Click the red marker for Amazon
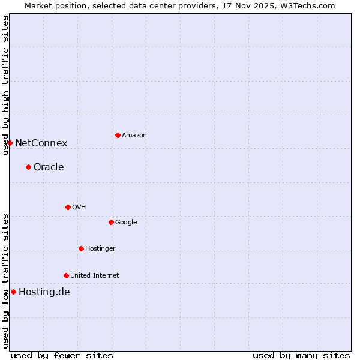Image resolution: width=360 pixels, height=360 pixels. point(118,135)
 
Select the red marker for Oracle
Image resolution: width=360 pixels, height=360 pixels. point(28,167)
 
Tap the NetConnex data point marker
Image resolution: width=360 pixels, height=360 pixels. point(10,143)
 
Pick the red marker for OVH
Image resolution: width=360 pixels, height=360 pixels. point(68,207)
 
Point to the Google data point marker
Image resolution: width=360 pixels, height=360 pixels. point(111,222)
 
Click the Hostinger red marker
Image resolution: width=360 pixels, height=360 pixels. point(81,248)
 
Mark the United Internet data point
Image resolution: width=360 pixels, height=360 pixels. point(66,275)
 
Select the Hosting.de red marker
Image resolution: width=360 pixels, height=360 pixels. point(13,292)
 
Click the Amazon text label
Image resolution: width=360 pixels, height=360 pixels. point(134,136)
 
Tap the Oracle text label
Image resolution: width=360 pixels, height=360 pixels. point(49,167)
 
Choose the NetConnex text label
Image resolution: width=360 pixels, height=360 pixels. point(41,143)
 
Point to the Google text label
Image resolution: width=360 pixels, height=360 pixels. point(126,222)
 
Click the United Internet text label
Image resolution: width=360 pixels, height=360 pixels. point(95,275)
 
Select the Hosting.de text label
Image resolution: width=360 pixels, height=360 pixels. point(44,292)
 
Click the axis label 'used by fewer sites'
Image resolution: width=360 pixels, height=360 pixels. point(62,355)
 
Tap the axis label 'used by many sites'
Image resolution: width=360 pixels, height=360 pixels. point(301,355)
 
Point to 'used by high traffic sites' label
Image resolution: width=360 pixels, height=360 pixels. point(5,85)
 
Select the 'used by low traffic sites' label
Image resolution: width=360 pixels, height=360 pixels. point(5,281)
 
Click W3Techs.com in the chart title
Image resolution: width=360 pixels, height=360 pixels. point(308,5)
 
